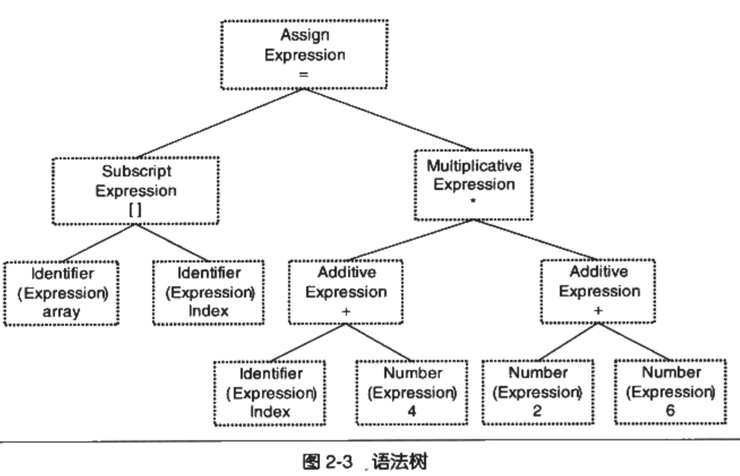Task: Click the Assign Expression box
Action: [x=304, y=54]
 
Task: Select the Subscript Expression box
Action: [x=136, y=190]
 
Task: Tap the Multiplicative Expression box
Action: [x=474, y=185]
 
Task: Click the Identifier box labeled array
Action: [x=61, y=293]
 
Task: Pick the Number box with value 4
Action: [x=412, y=392]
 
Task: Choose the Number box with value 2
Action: [x=538, y=392]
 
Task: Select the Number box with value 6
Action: [x=671, y=391]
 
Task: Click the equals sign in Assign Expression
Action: [x=304, y=75]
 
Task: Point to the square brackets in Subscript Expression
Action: [x=136, y=210]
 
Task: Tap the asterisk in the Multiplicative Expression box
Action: [x=473, y=201]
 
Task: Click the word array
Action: [x=61, y=312]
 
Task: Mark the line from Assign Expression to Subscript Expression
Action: [x=220, y=123]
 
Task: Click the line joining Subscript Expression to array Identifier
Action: [x=99, y=243]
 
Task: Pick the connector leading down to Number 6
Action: [x=634, y=341]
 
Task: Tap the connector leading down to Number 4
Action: [x=379, y=342]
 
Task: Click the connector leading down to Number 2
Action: [x=568, y=341]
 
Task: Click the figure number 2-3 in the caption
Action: [x=340, y=461]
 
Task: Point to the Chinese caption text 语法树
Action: [x=399, y=461]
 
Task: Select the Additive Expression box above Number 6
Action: [x=598, y=291]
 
